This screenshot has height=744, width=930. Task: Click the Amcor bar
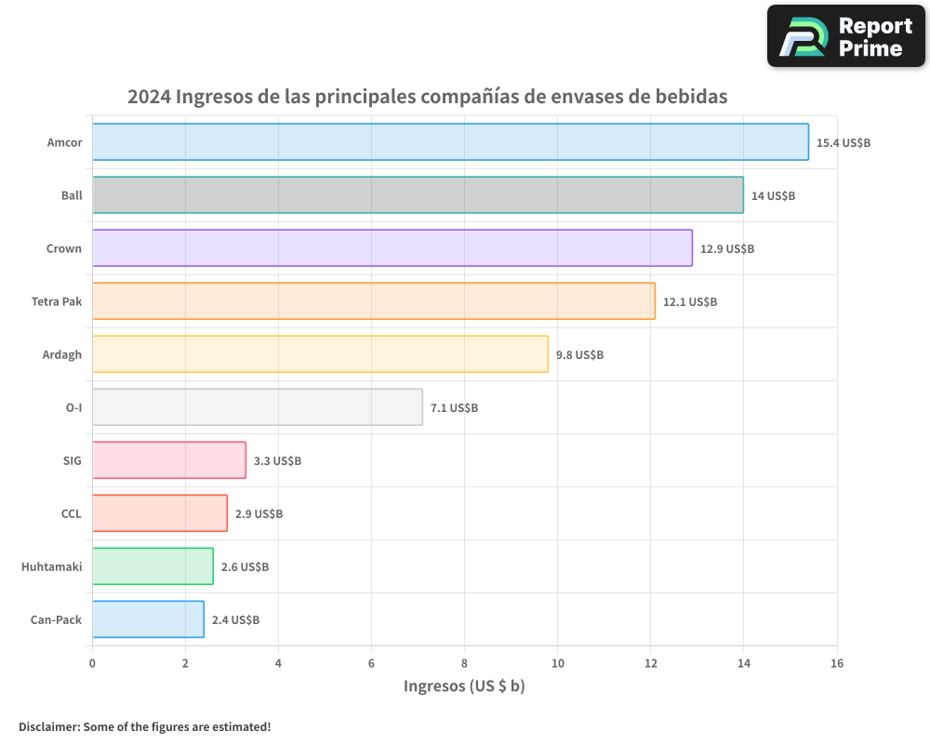(x=450, y=142)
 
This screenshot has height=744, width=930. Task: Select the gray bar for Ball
(x=418, y=195)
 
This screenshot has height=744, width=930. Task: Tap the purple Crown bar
(x=392, y=248)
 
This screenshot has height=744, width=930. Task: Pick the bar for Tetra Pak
(x=373, y=301)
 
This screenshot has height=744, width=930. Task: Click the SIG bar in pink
(x=168, y=460)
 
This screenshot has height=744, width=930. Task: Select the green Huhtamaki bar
(x=153, y=566)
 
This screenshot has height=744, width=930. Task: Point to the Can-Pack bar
(x=148, y=619)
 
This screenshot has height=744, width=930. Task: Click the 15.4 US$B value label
(x=843, y=143)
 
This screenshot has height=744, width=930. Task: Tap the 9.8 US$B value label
(x=579, y=355)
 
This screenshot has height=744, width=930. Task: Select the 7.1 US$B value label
(x=454, y=408)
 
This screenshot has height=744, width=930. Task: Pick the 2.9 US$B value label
(x=259, y=514)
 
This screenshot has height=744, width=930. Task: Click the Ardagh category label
(x=62, y=354)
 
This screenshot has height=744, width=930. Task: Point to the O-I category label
(x=73, y=407)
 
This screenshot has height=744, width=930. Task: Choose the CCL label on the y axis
(x=71, y=513)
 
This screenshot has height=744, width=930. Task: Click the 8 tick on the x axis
(x=464, y=663)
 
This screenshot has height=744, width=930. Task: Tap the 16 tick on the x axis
(x=836, y=663)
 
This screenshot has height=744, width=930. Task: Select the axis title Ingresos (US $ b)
(x=464, y=686)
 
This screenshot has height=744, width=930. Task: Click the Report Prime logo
(x=845, y=35)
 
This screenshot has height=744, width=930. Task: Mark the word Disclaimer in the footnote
(x=48, y=726)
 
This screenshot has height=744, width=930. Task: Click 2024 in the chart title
(x=148, y=97)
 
